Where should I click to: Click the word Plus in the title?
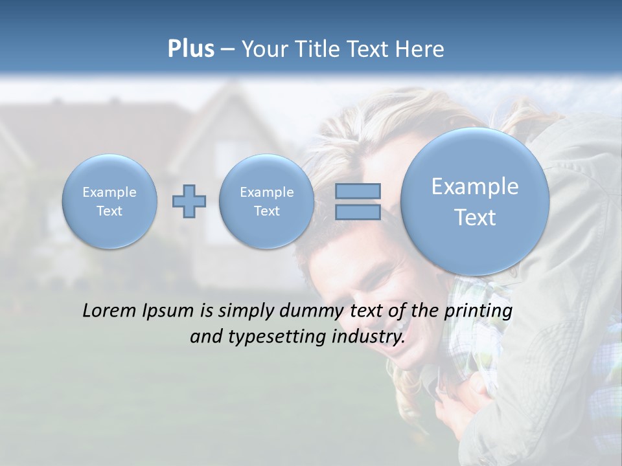point(190,49)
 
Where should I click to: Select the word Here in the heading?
point(422,49)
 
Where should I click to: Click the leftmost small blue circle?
point(109,201)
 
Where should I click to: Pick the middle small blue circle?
point(266,201)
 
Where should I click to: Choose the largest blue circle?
point(475,201)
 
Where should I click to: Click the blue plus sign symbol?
point(189,201)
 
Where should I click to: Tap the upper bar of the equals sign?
point(358,192)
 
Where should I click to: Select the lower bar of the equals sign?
point(358,212)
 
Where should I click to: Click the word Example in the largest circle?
point(475,186)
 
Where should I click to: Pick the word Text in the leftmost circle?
point(109,211)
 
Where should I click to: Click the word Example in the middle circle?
point(266,192)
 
